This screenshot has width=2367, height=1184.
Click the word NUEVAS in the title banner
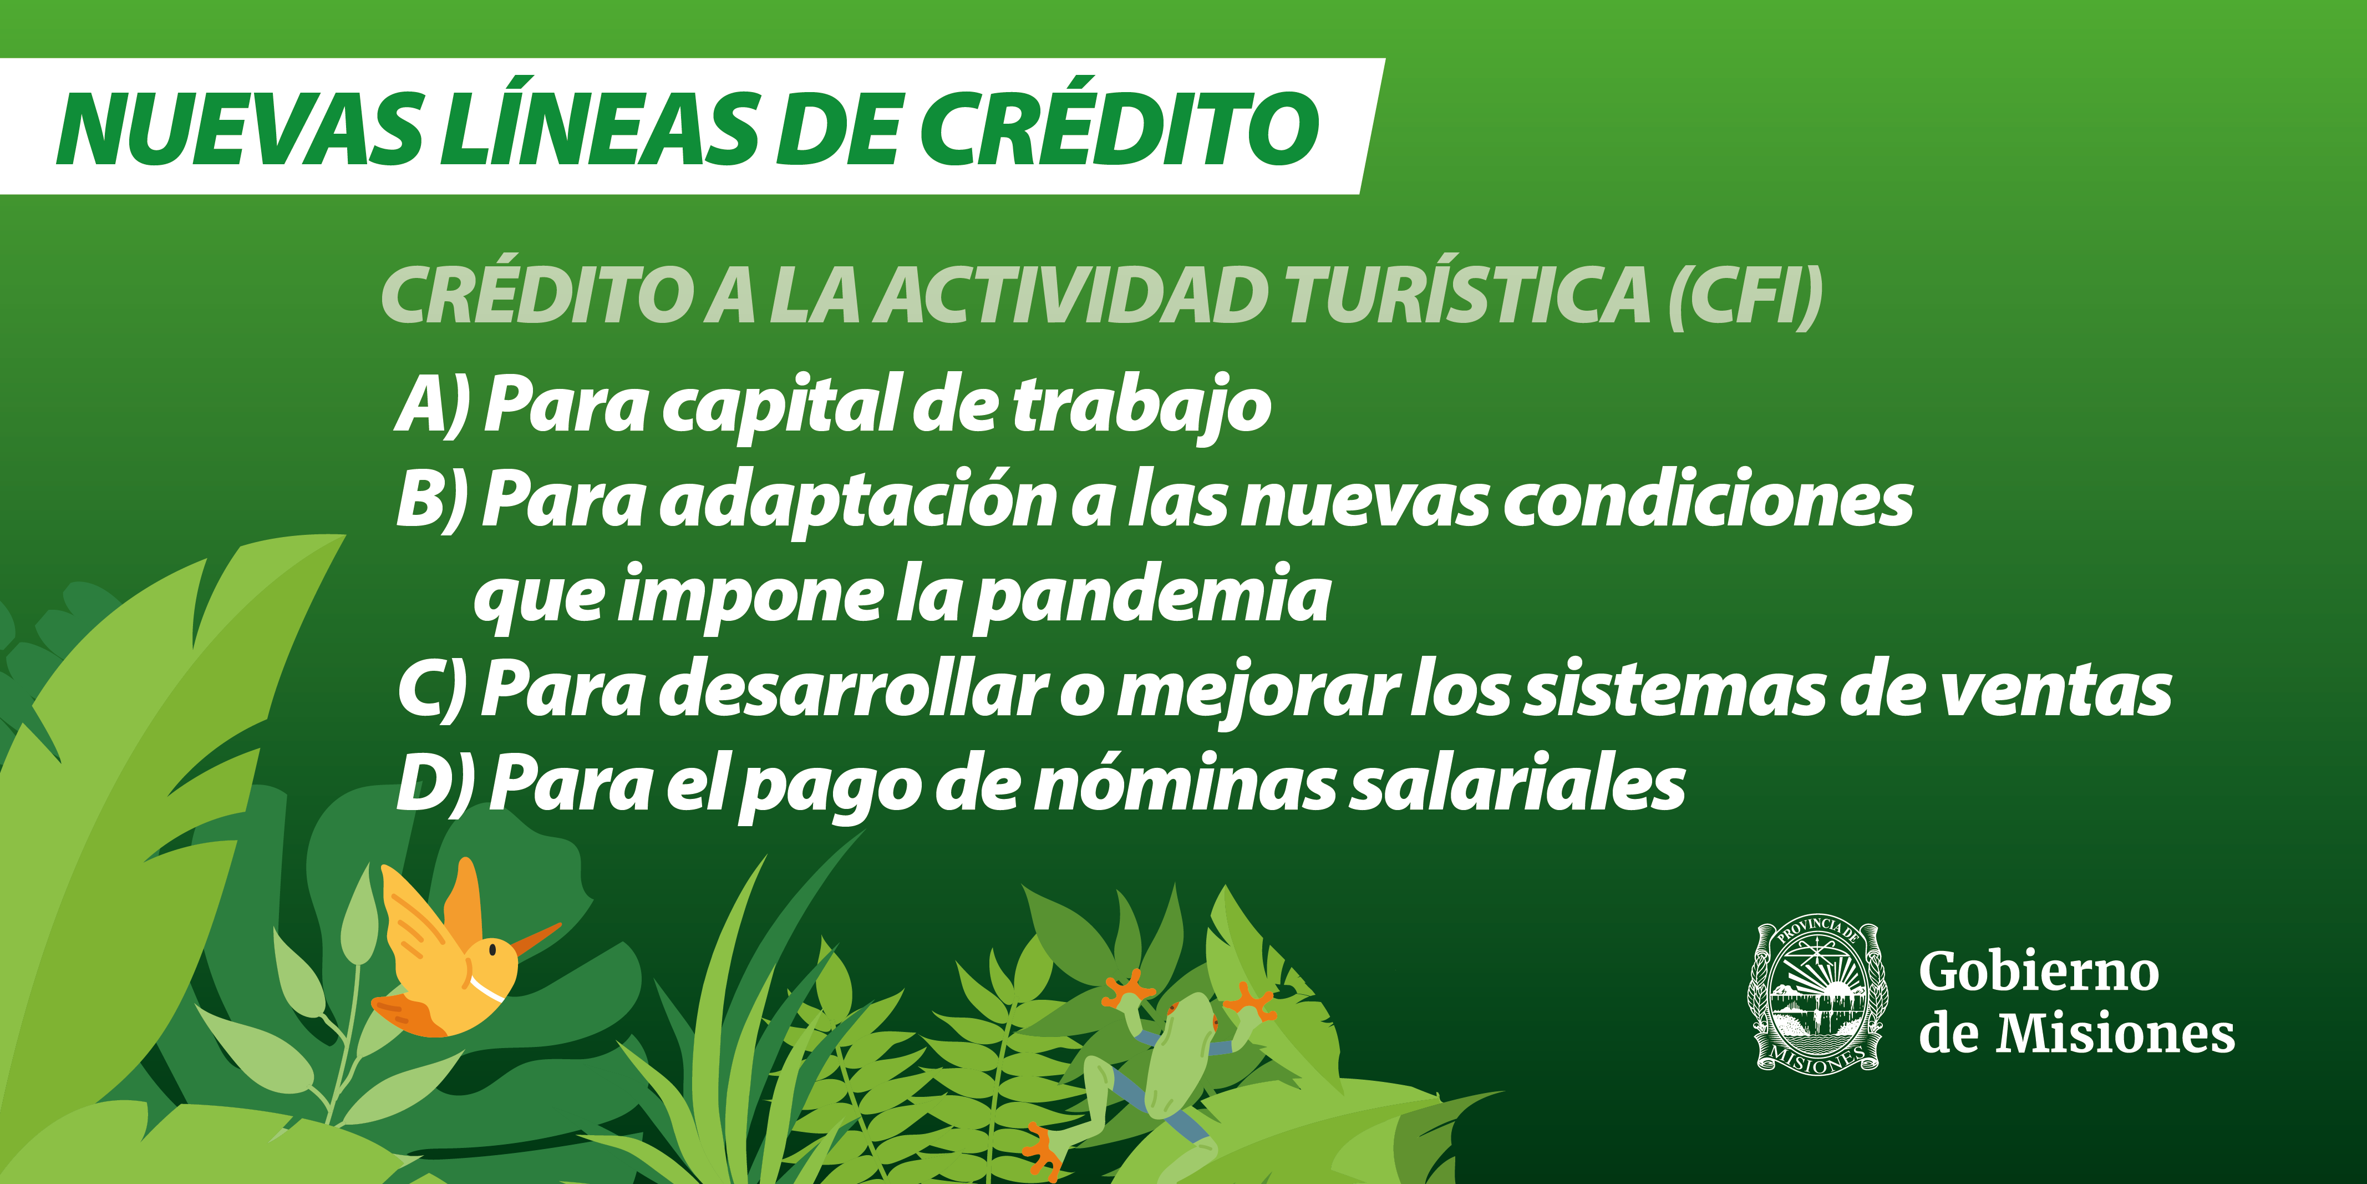[241, 130]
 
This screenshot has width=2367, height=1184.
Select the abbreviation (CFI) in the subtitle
[1745, 297]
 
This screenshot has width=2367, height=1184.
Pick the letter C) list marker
[432, 690]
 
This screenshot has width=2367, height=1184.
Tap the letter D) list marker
[435, 783]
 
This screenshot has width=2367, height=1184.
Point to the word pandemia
[1151, 598]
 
